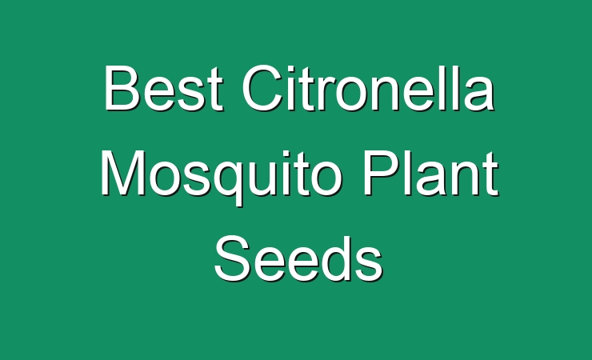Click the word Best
point(163,88)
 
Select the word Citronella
point(368,88)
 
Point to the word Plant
point(430,173)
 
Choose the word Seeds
point(298,258)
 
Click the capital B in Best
point(121,88)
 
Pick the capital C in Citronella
point(262,88)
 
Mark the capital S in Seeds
point(233,258)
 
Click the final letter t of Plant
point(490,174)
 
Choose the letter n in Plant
point(465,179)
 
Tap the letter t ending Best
point(215,90)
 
